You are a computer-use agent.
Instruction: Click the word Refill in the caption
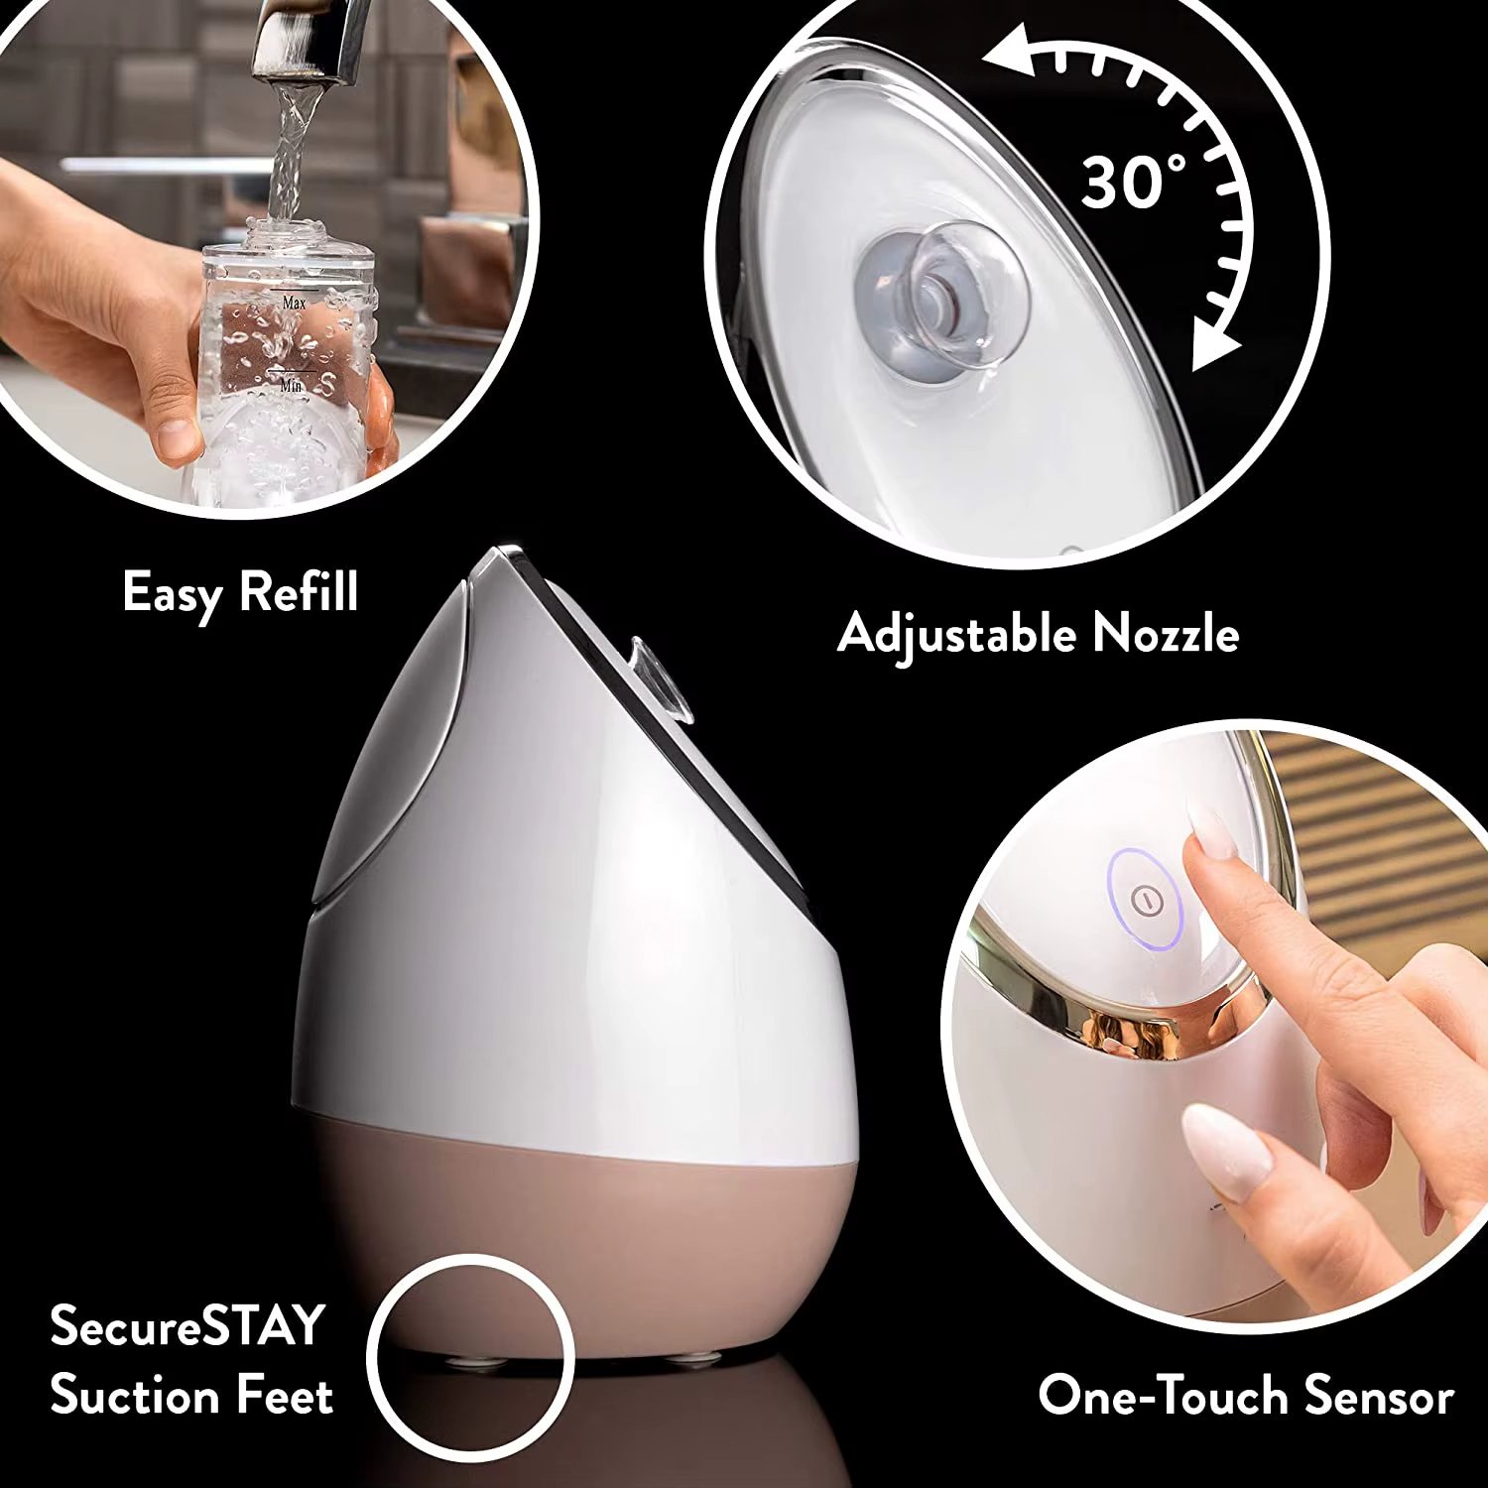pyautogui.click(x=299, y=591)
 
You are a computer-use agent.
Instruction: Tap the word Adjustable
pyautogui.click(x=956, y=634)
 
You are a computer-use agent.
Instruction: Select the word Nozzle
pyautogui.click(x=1166, y=633)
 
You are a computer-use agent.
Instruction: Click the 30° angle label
pyautogui.click(x=1132, y=182)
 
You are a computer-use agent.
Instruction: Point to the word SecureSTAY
pyautogui.click(x=187, y=1325)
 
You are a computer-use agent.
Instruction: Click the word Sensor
pyautogui.click(x=1379, y=1395)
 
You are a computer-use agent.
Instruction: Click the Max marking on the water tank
pyautogui.click(x=294, y=303)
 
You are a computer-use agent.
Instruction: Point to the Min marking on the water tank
pyautogui.click(x=291, y=385)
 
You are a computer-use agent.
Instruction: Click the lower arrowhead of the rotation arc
pyautogui.click(x=1212, y=348)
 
